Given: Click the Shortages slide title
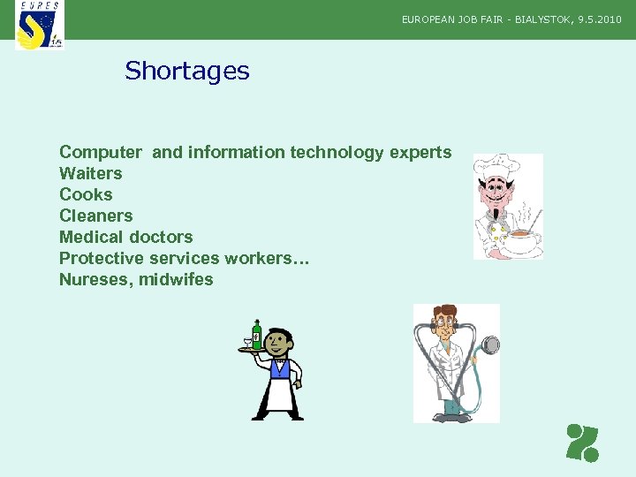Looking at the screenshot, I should coord(187,71).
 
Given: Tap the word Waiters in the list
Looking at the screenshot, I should coord(90,173).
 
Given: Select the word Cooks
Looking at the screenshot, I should coord(86,194).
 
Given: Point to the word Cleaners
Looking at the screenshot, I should coord(95,216).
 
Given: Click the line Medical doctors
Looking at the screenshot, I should coord(125,237).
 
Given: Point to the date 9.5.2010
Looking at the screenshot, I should coord(600,19).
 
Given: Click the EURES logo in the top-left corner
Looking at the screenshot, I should coord(40,25).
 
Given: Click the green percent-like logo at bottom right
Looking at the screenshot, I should coord(583,443).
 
